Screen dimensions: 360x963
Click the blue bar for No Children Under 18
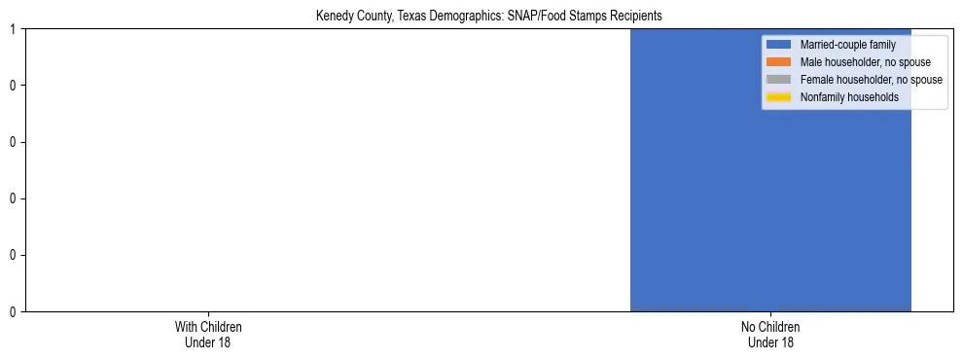pos(695,195)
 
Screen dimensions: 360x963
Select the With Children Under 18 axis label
pos(208,334)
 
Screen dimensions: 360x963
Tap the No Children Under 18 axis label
pos(770,334)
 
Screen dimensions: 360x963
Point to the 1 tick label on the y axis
pos(13,29)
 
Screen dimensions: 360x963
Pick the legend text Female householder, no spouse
pos(871,80)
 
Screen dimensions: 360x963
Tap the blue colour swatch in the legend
pos(778,45)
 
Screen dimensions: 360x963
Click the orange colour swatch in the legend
pos(778,62)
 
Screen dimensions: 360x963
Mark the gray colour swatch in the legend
pos(778,80)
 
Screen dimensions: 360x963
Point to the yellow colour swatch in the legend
pos(778,97)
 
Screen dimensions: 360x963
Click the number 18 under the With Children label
pos(224,342)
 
